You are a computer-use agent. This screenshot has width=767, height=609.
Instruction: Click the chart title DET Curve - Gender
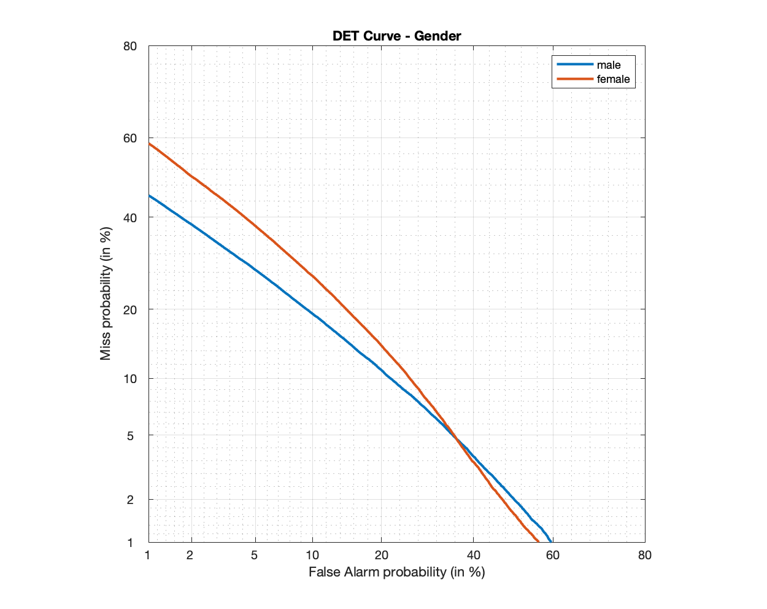click(396, 36)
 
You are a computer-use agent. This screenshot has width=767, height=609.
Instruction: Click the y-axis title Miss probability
click(106, 293)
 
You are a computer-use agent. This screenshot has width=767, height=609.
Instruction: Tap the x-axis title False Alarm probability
click(396, 572)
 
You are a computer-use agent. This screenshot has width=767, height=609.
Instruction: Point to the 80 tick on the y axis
click(129, 46)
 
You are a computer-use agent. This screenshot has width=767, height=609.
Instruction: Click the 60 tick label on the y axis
click(129, 138)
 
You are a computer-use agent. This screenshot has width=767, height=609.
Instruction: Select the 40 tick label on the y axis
click(129, 217)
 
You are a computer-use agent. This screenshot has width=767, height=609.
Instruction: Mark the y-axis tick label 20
click(129, 309)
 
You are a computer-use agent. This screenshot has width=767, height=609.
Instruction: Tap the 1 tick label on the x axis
click(148, 556)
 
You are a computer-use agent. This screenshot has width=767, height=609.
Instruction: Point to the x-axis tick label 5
click(255, 556)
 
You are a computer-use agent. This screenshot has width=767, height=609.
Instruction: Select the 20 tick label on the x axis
click(381, 556)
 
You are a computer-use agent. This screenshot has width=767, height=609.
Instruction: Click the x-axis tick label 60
click(553, 556)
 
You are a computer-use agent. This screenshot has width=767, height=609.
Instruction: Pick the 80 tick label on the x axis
click(644, 556)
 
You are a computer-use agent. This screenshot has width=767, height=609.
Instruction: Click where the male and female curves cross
click(456, 437)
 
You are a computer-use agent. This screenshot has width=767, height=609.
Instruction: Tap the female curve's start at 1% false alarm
click(149, 144)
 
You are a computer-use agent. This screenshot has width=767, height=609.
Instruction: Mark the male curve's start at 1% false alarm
click(149, 195)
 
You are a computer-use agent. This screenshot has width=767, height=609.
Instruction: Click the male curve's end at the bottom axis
click(551, 541)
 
